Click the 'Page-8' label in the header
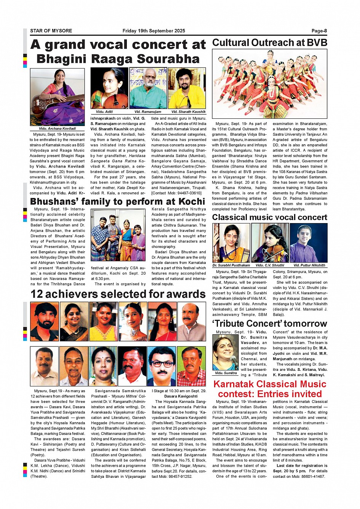pos(319,31)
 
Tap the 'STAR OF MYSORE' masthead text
pos(51,31)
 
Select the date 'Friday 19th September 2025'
pos(154,31)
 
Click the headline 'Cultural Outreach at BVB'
pos(269,43)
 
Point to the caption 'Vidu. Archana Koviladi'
pos(58,129)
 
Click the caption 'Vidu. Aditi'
pos(104,112)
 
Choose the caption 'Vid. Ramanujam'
pos(148,112)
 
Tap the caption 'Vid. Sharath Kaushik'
pos(188,112)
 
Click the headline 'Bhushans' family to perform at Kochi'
pos(117,201)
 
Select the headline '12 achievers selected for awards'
pos(118,294)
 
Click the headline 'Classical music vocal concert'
pos(269,217)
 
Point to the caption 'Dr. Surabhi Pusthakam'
pos(231,265)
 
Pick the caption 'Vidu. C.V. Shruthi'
pos(270,265)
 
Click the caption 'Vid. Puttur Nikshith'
pos(309,265)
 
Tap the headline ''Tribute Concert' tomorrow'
pos(269,324)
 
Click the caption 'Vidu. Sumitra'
pos(226,373)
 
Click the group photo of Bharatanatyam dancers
pos(269,84)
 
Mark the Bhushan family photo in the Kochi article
pos(118,235)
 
